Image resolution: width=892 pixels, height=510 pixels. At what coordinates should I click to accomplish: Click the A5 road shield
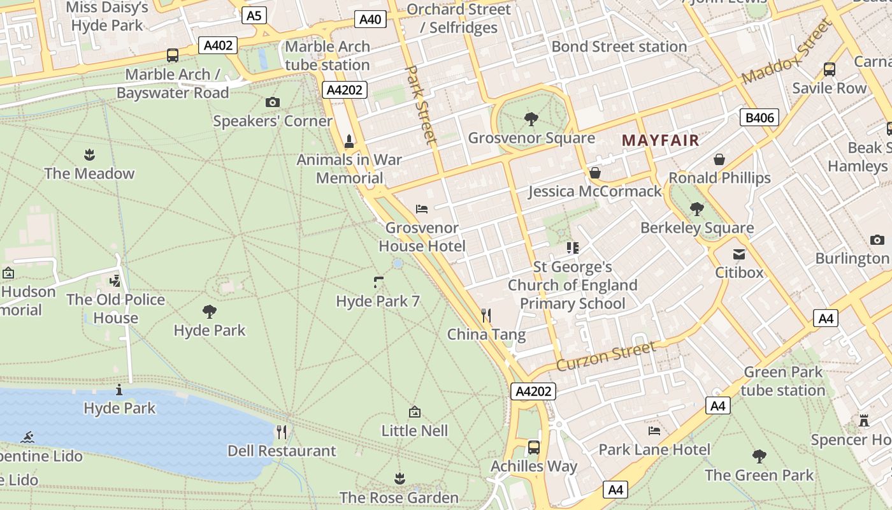tap(254, 15)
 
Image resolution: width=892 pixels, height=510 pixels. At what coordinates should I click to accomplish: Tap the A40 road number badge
tap(370, 19)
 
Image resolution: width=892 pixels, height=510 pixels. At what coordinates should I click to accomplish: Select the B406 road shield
tap(759, 117)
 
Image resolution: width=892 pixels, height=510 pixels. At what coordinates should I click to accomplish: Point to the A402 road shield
tap(218, 45)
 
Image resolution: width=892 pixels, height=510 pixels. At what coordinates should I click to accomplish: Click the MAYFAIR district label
tap(661, 140)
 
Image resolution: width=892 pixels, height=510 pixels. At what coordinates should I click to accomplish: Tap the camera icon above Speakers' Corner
tap(272, 102)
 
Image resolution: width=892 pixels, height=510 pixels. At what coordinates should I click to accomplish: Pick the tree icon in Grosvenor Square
tap(531, 119)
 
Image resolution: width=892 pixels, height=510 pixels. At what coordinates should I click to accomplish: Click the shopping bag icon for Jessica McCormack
tap(595, 173)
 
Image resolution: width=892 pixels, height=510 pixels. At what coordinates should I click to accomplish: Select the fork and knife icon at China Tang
tap(486, 315)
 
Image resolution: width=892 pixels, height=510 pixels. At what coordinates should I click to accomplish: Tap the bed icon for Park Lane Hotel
tap(654, 430)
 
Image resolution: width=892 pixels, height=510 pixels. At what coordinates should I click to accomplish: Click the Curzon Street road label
tap(606, 356)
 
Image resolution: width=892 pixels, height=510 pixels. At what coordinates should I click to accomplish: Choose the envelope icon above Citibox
tap(739, 254)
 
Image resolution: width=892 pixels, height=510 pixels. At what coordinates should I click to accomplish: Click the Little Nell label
tap(415, 431)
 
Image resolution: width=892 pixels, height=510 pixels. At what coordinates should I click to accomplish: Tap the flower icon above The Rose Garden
tap(399, 478)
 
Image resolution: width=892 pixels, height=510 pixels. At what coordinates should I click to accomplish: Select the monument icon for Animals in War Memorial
tap(349, 141)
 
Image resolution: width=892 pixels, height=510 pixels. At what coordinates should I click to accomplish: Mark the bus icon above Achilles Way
tap(534, 447)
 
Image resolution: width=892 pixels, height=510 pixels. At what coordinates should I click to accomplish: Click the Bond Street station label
tap(619, 47)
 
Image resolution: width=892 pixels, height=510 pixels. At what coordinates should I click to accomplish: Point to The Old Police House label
tap(116, 309)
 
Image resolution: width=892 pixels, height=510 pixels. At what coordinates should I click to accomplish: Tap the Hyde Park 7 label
tap(378, 301)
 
